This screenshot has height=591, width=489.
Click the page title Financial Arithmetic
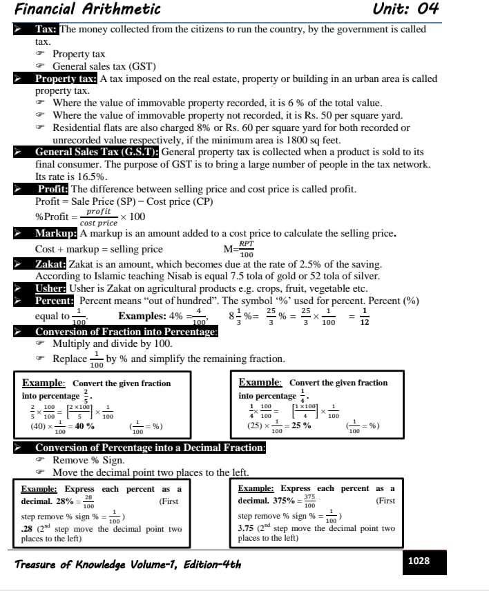click(x=88, y=9)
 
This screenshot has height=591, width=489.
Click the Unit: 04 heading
click(x=405, y=9)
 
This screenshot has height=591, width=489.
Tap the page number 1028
click(x=419, y=561)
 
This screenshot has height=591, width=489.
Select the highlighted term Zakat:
click(x=50, y=264)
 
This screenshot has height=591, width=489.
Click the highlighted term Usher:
click(x=50, y=289)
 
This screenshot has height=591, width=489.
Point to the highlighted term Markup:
click(x=57, y=233)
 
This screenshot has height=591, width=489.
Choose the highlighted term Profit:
click(x=53, y=189)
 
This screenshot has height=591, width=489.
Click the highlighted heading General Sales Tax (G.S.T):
click(x=97, y=152)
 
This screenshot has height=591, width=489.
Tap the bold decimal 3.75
click(x=247, y=529)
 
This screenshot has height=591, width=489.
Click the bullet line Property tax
click(x=79, y=54)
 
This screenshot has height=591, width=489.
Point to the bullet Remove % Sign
click(x=88, y=460)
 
